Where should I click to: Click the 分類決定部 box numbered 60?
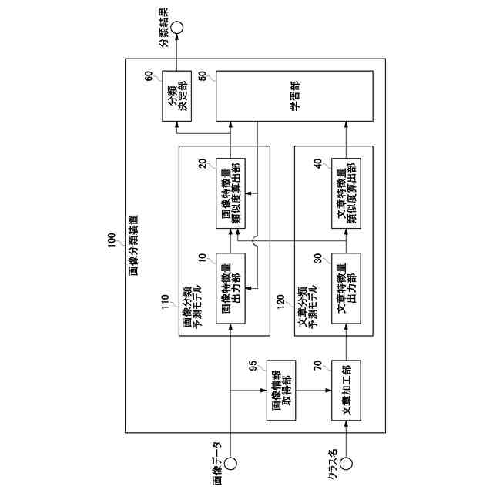pos(177,97)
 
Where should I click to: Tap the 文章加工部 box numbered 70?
pos(346,391)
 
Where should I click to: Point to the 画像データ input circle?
pos(230,464)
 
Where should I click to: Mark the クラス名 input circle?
pos(346,464)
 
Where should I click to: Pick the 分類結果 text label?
pos(163,29)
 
